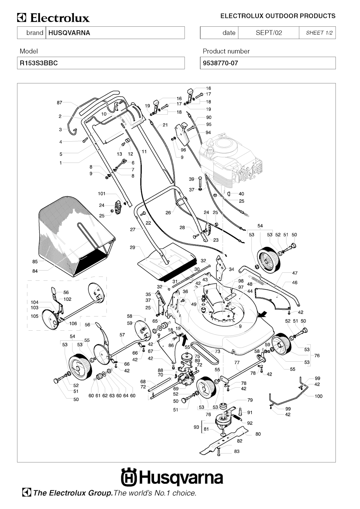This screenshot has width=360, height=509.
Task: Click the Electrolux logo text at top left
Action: point(54,18)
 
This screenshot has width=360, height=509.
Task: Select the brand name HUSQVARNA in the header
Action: point(69,33)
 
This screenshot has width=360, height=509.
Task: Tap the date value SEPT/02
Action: point(269,33)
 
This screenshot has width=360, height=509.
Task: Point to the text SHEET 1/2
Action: point(319,33)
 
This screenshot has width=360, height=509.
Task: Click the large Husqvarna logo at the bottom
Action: point(172,478)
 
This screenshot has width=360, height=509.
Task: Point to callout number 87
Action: point(59,103)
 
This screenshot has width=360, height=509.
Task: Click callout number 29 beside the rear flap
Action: point(132,248)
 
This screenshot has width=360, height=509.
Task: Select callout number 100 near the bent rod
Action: point(318,396)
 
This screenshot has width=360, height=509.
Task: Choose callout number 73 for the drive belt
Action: point(217,351)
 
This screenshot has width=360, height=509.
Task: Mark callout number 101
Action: point(101,193)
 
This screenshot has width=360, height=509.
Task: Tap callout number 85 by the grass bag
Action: point(35,262)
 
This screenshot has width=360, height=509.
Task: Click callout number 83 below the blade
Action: point(237,451)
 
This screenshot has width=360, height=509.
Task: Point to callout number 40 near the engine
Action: point(241,194)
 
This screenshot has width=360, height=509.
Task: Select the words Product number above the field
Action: point(226,51)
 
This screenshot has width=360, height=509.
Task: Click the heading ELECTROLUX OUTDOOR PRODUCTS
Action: point(278,16)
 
